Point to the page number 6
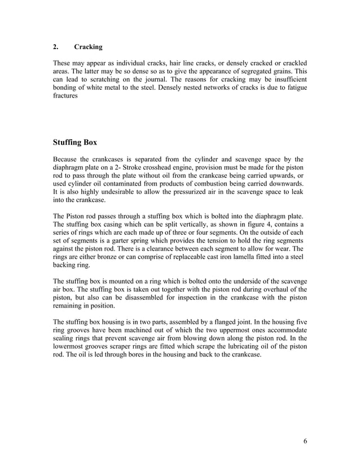(x=305, y=441)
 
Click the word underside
(x=242, y=280)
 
